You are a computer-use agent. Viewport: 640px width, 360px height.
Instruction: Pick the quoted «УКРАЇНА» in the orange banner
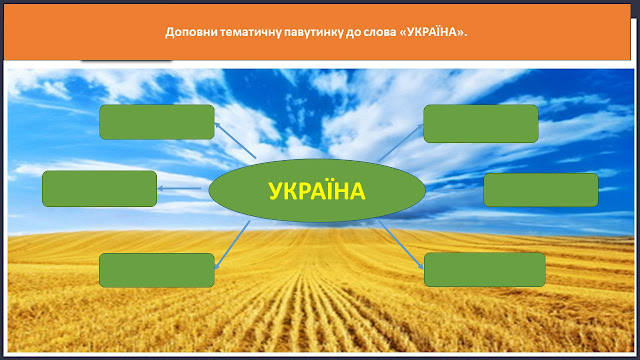pyautogui.click(x=433, y=32)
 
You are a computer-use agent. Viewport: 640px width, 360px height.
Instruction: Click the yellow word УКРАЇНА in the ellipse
pyautogui.click(x=317, y=191)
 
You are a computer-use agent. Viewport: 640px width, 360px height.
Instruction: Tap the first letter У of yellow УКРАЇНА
pyautogui.click(x=276, y=191)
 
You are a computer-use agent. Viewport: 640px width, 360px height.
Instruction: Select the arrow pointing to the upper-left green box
pyautogui.click(x=235, y=140)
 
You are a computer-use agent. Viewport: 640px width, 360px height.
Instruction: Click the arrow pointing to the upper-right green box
pyautogui.click(x=401, y=143)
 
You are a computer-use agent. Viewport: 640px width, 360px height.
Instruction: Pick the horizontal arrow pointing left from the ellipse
pyautogui.click(x=179, y=189)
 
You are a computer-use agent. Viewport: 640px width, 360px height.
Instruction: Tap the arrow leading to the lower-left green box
pyautogui.click(x=232, y=245)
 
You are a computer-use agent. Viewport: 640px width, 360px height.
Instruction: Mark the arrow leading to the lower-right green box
pyautogui.click(x=401, y=245)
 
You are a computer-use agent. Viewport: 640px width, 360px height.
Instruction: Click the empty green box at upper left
pyautogui.click(x=157, y=122)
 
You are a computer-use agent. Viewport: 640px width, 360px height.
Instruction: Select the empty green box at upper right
pyautogui.click(x=481, y=124)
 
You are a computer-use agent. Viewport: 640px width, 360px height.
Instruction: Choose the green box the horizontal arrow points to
pyautogui.click(x=100, y=189)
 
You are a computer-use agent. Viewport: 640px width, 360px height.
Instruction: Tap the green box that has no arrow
pyautogui.click(x=541, y=190)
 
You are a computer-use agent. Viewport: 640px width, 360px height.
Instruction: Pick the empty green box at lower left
pyautogui.click(x=157, y=270)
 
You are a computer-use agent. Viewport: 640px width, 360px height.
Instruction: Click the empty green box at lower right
pyautogui.click(x=485, y=269)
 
